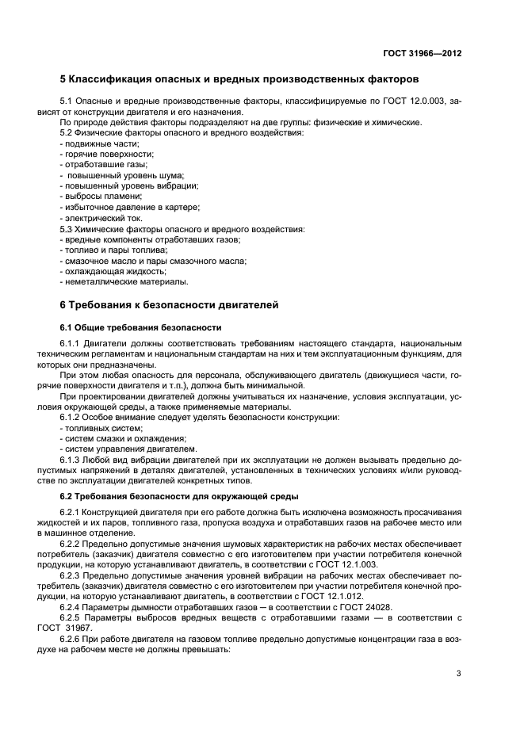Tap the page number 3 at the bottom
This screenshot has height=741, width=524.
point(458,674)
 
